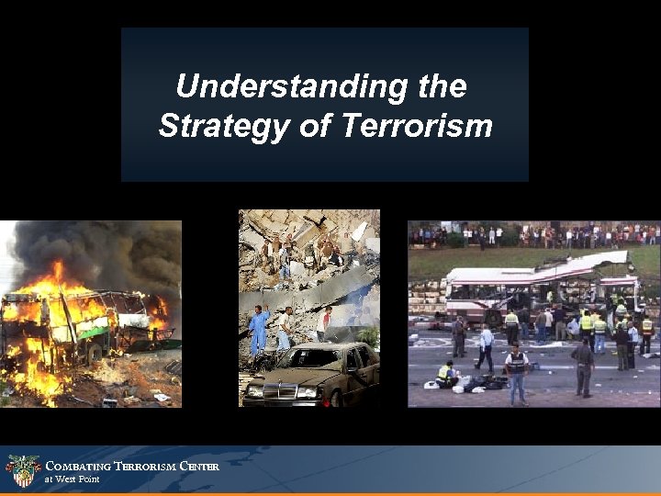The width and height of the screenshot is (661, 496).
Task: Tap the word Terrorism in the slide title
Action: coord(417,126)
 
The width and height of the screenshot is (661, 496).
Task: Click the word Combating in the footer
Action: coord(78,466)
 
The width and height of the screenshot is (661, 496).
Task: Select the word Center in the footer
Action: coord(199,466)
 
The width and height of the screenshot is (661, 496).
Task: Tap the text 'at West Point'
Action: coord(73,479)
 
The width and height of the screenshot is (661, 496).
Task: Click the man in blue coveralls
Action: coord(259,329)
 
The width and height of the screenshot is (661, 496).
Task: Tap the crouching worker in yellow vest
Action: coord(445,374)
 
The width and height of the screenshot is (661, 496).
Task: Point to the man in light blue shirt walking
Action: coord(486,345)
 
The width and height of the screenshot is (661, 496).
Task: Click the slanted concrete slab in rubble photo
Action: coord(312,289)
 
